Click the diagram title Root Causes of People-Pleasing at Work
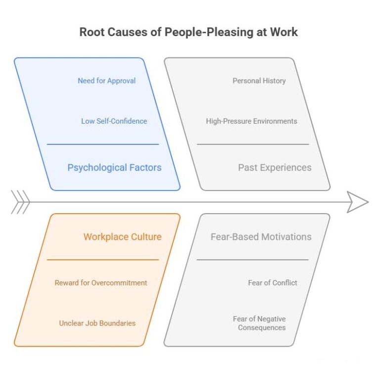point(189,33)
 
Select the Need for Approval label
point(106,81)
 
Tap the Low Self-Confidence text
point(114,121)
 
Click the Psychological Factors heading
point(114,168)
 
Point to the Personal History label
point(259,81)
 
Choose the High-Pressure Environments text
point(251,121)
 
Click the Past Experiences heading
point(275,168)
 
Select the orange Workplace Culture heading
point(122,236)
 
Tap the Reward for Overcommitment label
point(101,283)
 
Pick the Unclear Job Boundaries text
point(97,323)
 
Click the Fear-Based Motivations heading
point(261,236)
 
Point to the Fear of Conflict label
point(273,283)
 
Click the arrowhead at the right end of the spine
point(358,202)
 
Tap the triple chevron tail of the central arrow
point(20,202)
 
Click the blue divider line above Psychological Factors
point(103,144)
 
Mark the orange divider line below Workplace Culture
point(103,260)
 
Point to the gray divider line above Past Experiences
point(253,144)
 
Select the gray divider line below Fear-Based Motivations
point(252,260)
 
